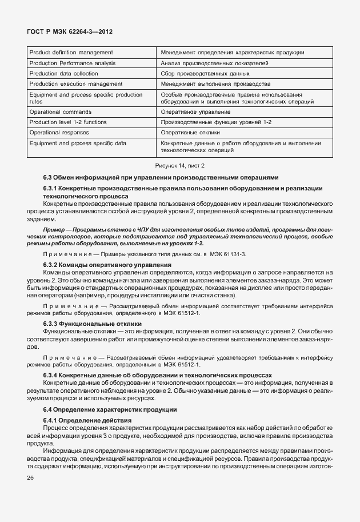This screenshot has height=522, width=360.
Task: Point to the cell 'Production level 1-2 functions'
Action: coord(67,122)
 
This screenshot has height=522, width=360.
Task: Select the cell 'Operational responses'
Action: coord(61,132)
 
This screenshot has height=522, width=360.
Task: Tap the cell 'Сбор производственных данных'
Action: coord(205,73)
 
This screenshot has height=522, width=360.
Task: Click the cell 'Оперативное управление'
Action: coord(196,112)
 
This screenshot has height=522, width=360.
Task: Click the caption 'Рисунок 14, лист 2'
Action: coord(180,165)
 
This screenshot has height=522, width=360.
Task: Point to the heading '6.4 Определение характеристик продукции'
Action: coord(110,409)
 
